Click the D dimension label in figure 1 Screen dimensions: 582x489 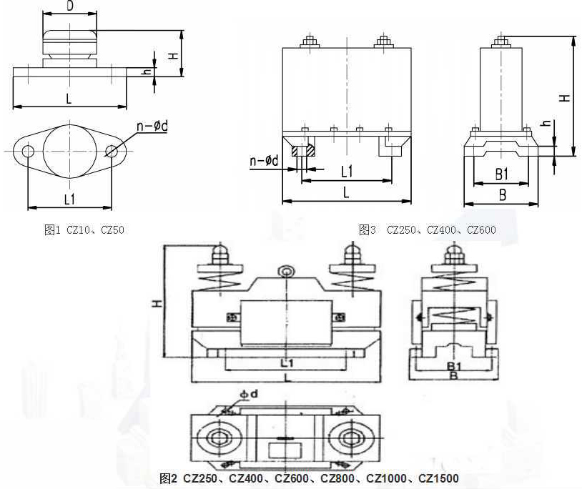click(70, 6)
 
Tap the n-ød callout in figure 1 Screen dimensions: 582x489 click(152, 126)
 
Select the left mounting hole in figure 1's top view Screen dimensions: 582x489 click(28, 152)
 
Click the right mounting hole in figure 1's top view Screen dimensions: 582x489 click(112, 152)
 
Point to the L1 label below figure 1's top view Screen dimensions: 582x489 click(70, 199)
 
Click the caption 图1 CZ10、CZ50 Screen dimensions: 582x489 click(84, 230)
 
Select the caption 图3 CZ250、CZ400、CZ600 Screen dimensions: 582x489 click(428, 230)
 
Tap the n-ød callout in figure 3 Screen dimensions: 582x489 click(265, 161)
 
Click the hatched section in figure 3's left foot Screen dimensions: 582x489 click(304, 151)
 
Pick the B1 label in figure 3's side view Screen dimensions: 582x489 click(501, 174)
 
